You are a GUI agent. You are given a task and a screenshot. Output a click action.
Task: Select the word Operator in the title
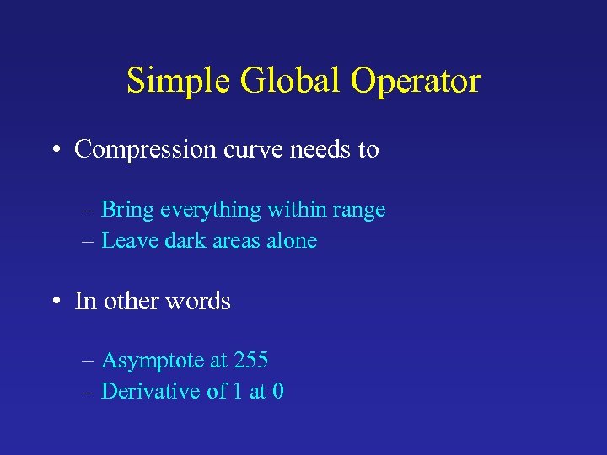[x=416, y=82]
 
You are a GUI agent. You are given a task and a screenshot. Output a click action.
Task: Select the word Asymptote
[x=152, y=361]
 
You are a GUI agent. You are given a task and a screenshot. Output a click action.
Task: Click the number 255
[x=250, y=361]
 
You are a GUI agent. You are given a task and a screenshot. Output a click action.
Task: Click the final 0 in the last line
[x=278, y=392]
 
